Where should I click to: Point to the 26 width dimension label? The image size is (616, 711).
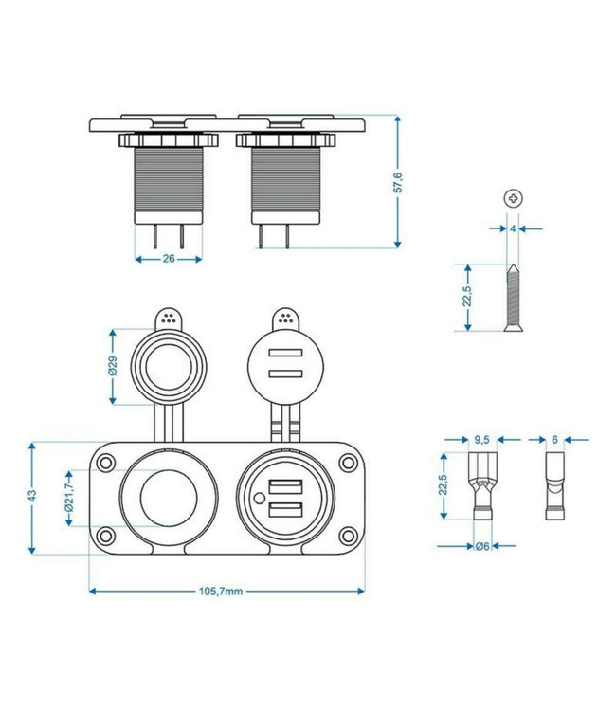coord(169,257)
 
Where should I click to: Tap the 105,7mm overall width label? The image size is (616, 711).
coord(223,592)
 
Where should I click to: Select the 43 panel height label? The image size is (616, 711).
coord(32,496)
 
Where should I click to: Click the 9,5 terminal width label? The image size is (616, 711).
coord(481,440)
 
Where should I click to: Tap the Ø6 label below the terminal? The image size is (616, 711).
coord(481,546)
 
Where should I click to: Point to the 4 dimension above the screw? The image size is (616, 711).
coord(512,228)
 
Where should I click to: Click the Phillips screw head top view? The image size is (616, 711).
coord(513,198)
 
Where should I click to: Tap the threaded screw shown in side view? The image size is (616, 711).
coord(513,298)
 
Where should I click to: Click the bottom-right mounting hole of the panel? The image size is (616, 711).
coord(349,533)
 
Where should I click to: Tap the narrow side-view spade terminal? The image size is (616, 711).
coord(553,486)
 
